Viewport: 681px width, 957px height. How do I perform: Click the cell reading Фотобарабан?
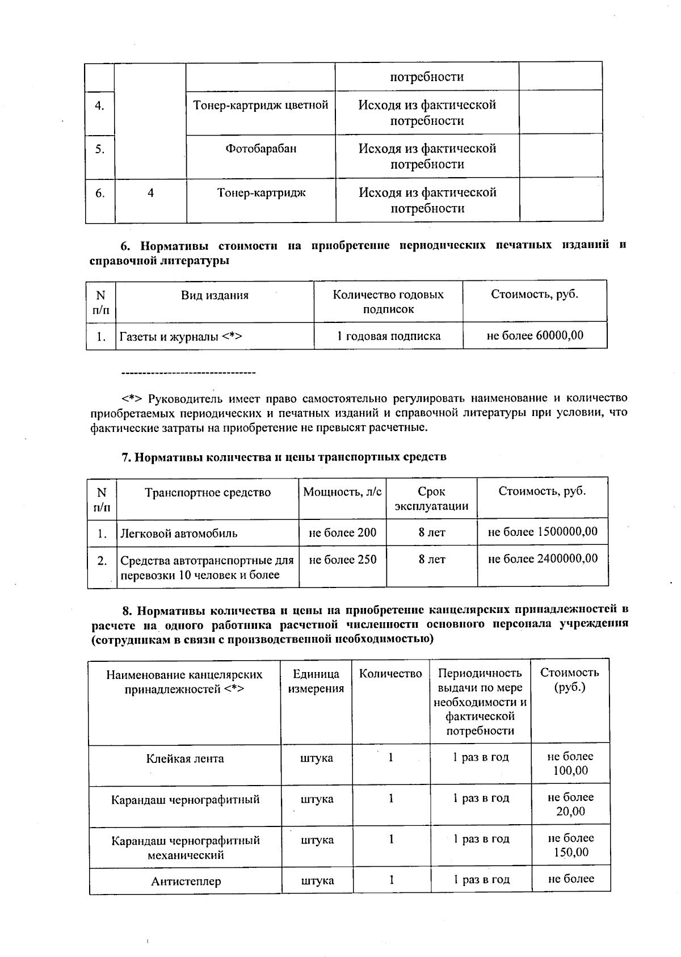[261, 149]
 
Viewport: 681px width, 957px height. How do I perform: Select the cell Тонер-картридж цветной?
[261, 106]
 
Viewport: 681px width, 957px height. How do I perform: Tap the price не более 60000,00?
[535, 335]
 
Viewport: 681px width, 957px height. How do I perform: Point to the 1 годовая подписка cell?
[388, 336]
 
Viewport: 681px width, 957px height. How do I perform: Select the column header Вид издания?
[215, 295]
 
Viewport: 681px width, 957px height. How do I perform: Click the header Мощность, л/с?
[342, 492]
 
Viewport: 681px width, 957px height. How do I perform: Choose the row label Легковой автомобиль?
[178, 534]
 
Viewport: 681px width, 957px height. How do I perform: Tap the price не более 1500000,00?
[543, 532]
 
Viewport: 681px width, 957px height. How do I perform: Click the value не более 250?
[342, 560]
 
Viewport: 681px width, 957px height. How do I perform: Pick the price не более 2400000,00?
[543, 559]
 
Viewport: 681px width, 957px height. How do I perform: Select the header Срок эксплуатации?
[431, 499]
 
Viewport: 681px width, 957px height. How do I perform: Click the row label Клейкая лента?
[185, 759]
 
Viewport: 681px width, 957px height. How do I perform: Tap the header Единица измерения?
[316, 681]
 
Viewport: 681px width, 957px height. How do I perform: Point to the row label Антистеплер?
[186, 882]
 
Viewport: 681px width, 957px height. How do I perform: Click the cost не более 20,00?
[570, 804]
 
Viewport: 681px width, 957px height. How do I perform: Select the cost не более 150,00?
[570, 845]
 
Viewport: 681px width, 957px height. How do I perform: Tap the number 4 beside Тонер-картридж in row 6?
[150, 193]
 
